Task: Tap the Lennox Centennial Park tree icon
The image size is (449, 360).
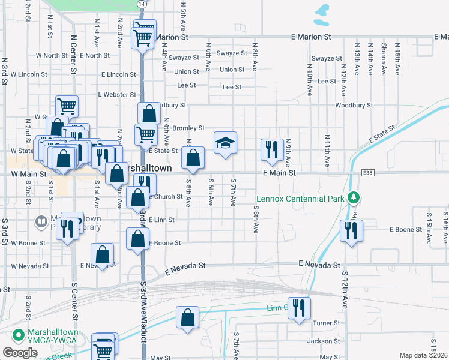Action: pos(354,197)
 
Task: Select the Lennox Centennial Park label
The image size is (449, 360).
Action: pos(300,199)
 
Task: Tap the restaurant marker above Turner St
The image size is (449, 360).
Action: pos(298,308)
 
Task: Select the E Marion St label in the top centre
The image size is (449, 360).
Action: pos(312,37)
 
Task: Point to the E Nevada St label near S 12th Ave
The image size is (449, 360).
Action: pos(320,265)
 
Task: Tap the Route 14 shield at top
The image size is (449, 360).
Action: pos(141,4)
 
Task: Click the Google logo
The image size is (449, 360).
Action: pos(20,353)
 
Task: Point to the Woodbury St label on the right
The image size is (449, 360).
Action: pos(354,105)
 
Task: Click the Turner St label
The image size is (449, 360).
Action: pos(327,323)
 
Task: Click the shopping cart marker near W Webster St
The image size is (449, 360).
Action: pos(67,106)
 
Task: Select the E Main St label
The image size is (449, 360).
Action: pos(280,173)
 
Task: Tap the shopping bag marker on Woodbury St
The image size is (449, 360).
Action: pos(148,112)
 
